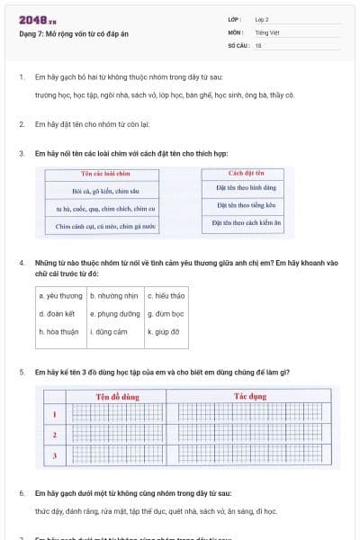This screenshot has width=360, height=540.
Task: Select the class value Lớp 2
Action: (x=262, y=19)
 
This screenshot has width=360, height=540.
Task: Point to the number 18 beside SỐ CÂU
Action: (x=258, y=44)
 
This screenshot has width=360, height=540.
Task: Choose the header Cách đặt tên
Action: (x=246, y=172)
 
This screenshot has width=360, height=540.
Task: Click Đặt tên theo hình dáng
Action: (x=246, y=188)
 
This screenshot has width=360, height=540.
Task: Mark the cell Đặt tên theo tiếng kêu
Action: (x=246, y=205)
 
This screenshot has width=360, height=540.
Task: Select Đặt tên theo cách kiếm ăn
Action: (x=246, y=222)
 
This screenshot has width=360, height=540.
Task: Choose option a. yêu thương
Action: (x=60, y=295)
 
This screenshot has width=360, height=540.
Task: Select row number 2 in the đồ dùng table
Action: (x=55, y=436)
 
